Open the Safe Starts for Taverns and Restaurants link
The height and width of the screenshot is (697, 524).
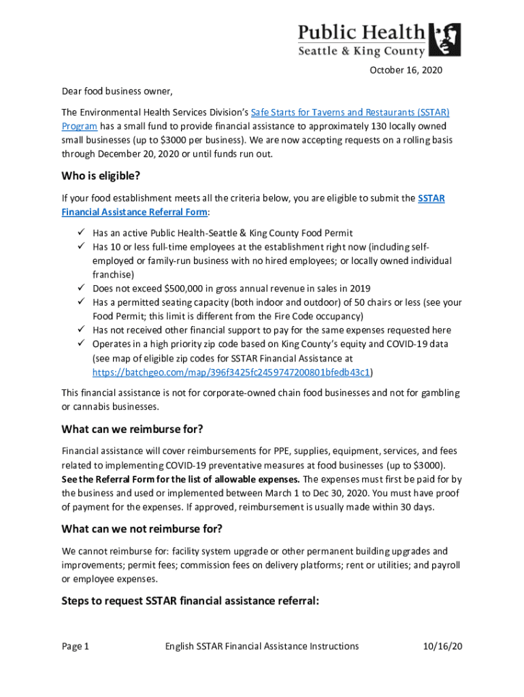pyautogui.click(x=350, y=112)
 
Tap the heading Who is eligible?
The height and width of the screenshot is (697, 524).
pyautogui.click(x=101, y=176)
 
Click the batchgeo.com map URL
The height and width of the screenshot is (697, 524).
pyautogui.click(x=232, y=372)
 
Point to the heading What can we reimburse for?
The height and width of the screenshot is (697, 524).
pyautogui.click(x=133, y=429)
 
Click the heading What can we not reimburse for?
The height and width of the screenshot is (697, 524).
pyautogui.click(x=142, y=529)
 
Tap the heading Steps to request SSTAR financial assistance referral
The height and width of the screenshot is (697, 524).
pyautogui.click(x=190, y=601)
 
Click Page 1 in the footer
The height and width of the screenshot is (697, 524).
pyautogui.click(x=76, y=646)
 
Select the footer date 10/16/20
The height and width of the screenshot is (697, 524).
pyautogui.click(x=443, y=646)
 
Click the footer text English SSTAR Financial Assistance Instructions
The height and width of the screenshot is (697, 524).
pyautogui.click(x=262, y=646)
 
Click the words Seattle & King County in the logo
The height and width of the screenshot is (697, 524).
pyautogui.click(x=362, y=51)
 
